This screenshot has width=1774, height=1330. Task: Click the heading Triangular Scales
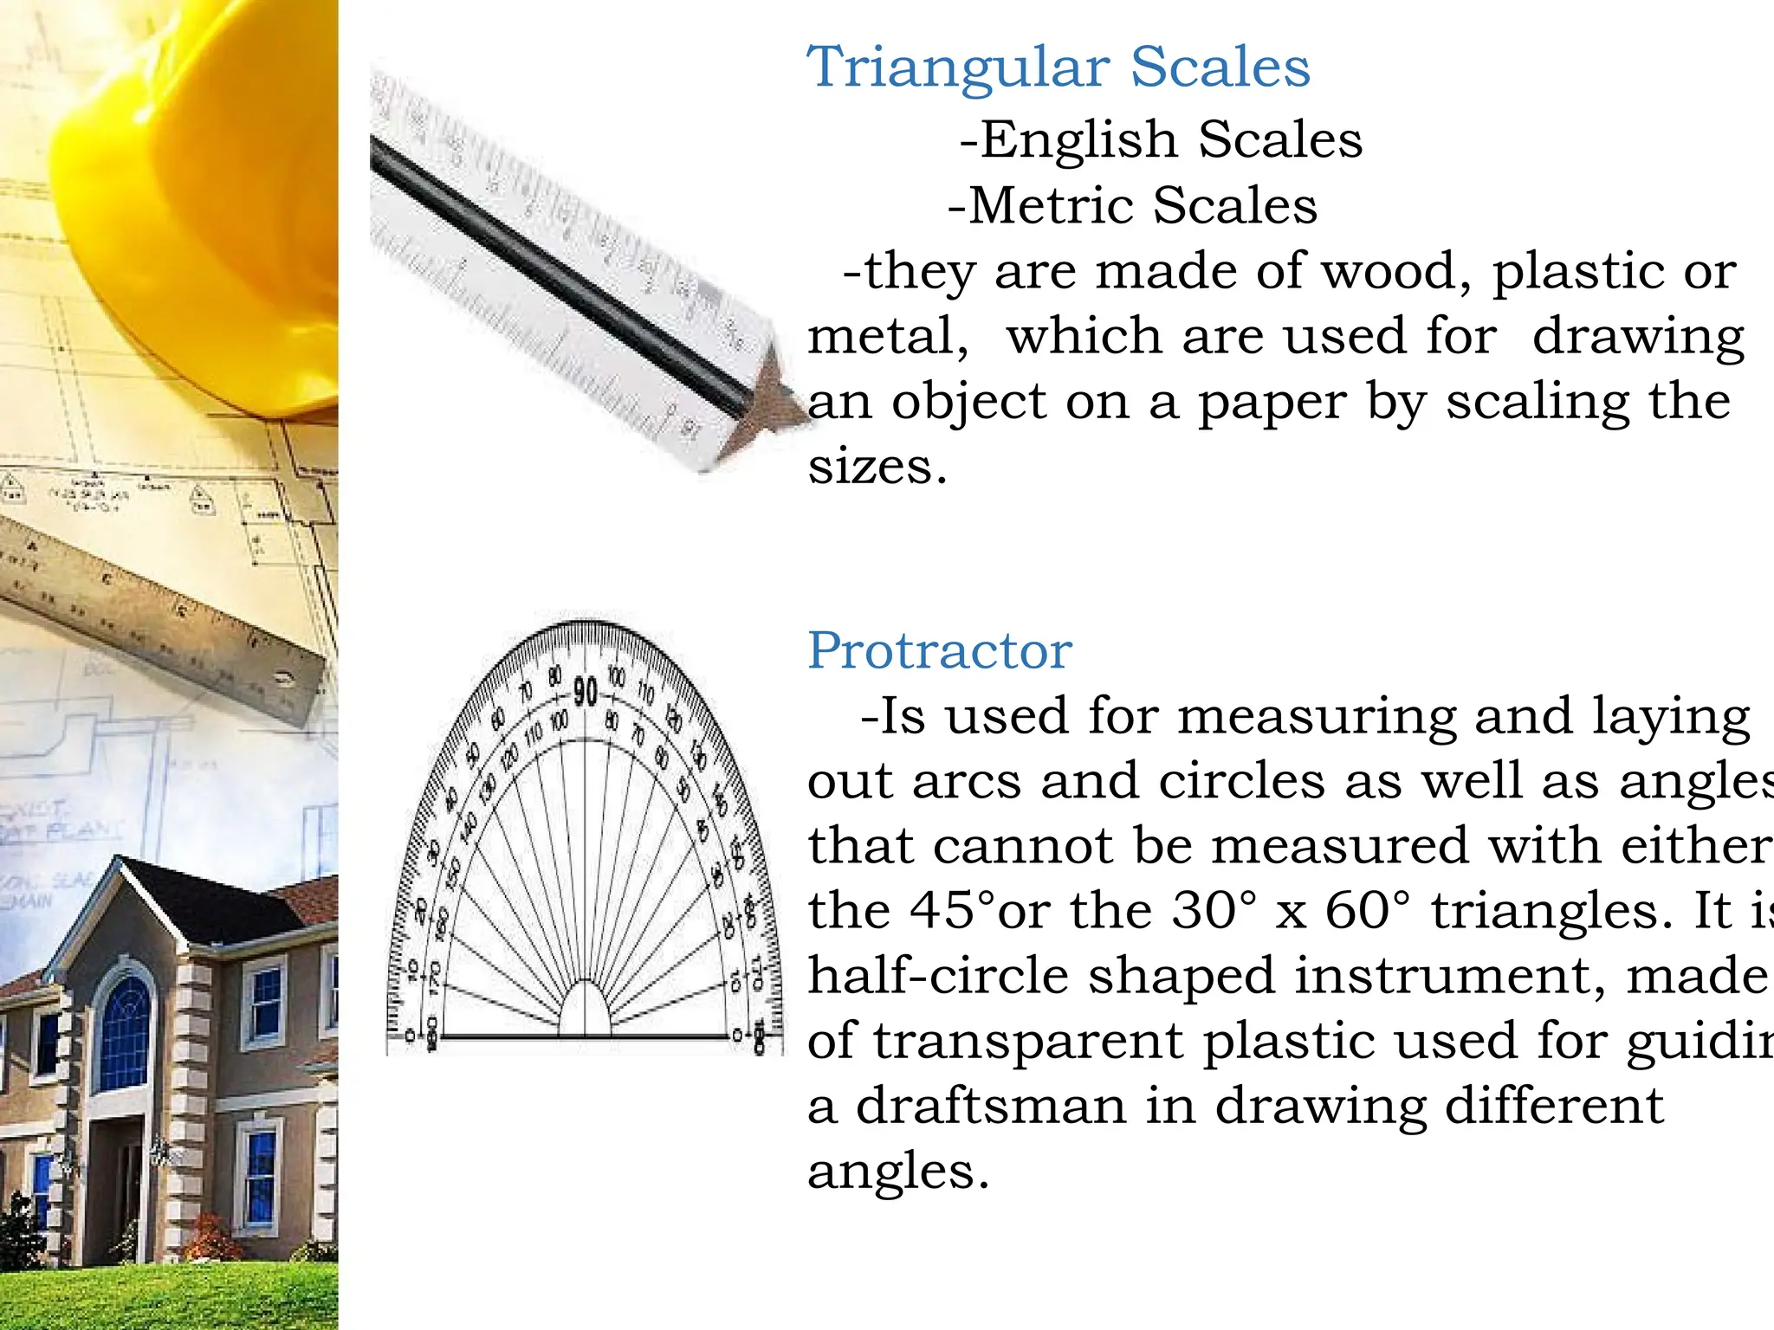(1058, 68)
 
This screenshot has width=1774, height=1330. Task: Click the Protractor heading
(940, 650)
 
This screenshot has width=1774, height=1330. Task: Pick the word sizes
(877, 468)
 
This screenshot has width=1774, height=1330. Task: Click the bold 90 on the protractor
(586, 692)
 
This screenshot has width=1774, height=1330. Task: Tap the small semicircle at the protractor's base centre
(586, 1011)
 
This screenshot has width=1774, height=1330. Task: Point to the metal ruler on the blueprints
(156, 623)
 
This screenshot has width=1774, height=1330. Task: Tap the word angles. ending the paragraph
(897, 1172)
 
